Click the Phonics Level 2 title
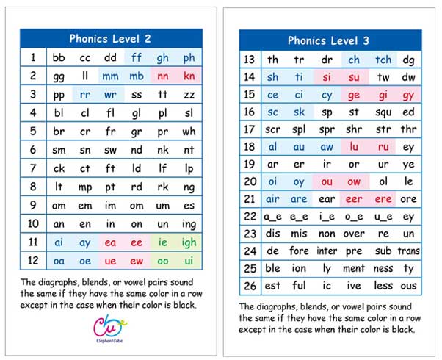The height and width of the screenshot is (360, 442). click(110, 39)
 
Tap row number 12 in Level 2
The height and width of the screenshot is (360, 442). click(33, 260)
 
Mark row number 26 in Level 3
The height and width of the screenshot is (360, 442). click(250, 285)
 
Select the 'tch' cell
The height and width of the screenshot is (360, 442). click(383, 60)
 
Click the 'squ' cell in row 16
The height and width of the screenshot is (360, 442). click(383, 112)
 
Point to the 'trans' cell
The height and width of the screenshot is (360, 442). click(409, 251)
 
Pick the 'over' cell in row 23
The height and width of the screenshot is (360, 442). click(354, 234)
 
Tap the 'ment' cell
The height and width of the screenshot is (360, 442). click(354, 268)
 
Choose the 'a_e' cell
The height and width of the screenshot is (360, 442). click(273, 216)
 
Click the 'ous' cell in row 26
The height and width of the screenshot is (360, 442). click(409, 285)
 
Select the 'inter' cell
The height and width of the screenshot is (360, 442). click(327, 251)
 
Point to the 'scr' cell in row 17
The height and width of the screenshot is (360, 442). click(273, 129)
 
